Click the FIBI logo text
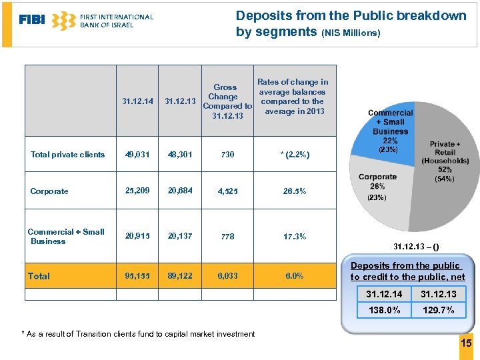pyautogui.click(x=32, y=20)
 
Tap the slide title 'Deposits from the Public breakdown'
pyautogui.click(x=351, y=15)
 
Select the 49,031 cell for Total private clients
pyautogui.click(x=137, y=155)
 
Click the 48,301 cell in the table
pyautogui.click(x=180, y=155)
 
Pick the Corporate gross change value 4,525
pyautogui.click(x=227, y=191)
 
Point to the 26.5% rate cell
pyautogui.click(x=294, y=191)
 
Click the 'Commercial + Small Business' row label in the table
pyautogui.click(x=66, y=237)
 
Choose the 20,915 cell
pyautogui.click(x=137, y=237)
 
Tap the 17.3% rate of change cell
pyautogui.click(x=294, y=237)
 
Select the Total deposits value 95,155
pyautogui.click(x=137, y=276)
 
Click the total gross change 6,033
pyautogui.click(x=227, y=276)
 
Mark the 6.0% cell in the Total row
pyautogui.click(x=294, y=276)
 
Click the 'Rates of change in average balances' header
pyautogui.click(x=293, y=97)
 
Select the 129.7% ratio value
pyautogui.click(x=438, y=310)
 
